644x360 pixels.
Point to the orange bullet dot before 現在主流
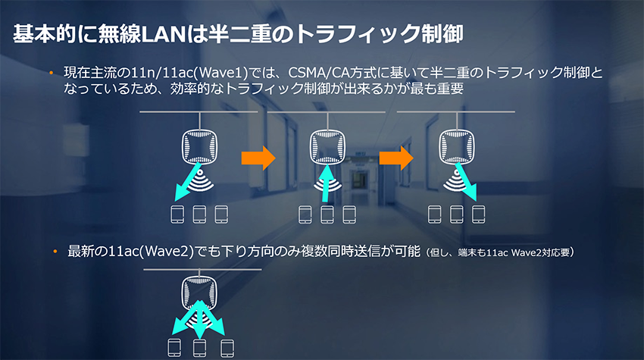52,73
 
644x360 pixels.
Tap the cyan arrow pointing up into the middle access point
327,183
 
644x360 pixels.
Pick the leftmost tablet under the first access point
178,214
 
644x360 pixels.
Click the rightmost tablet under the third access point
478,214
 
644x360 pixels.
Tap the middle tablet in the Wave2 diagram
200,349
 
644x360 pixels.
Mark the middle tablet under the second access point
327,214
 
